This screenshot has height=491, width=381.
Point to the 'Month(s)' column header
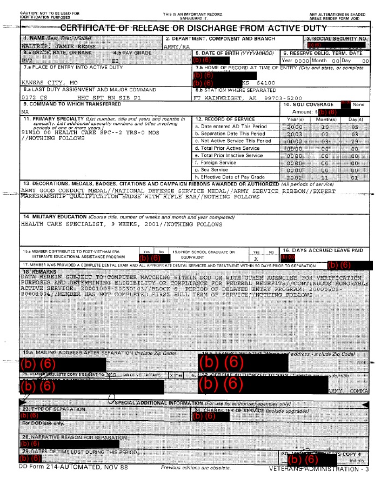point(325,119)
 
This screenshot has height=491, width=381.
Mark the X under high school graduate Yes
point(257,259)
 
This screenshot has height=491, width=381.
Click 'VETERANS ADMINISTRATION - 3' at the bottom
point(318,469)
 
